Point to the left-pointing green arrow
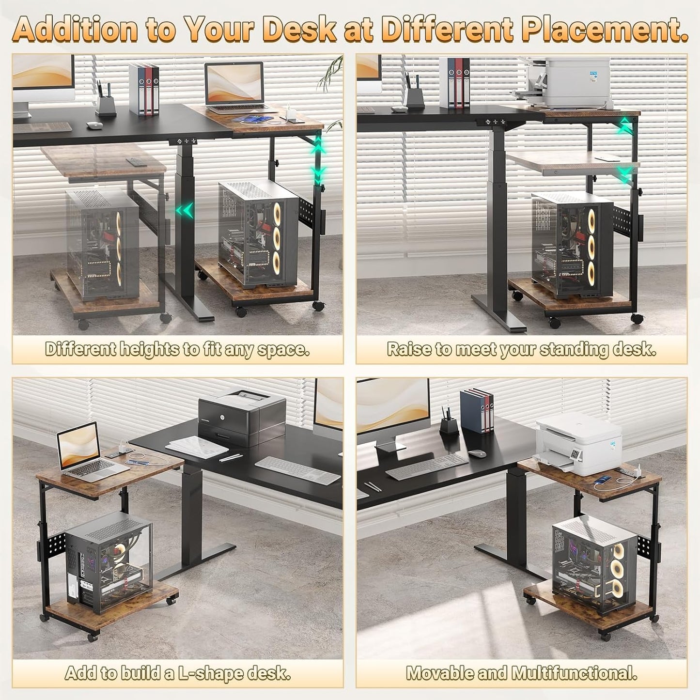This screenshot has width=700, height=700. coord(184,211)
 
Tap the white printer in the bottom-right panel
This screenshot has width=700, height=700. coord(579,441)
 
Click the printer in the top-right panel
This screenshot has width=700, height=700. coord(567,80)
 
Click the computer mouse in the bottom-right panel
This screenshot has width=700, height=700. coord(477,454)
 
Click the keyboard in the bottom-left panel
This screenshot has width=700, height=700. coord(297,470)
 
